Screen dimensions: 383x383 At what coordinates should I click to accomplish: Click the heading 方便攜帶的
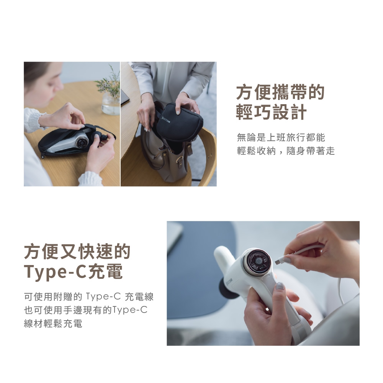[x=280, y=93]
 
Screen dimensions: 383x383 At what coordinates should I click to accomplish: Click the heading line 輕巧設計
[x=271, y=112]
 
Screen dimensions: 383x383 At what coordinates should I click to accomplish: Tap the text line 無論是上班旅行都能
[x=281, y=137]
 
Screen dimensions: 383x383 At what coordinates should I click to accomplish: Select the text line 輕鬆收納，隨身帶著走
[x=286, y=151]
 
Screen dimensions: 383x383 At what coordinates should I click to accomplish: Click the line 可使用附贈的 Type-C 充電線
[x=88, y=296]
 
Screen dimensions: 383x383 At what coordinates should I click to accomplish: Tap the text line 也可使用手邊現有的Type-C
[x=85, y=310]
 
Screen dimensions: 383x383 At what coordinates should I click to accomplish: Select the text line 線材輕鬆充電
[x=53, y=324]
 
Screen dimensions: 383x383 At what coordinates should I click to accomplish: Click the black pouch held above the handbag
[x=177, y=126]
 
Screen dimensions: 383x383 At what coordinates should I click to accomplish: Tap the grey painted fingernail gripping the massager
[x=280, y=286]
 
